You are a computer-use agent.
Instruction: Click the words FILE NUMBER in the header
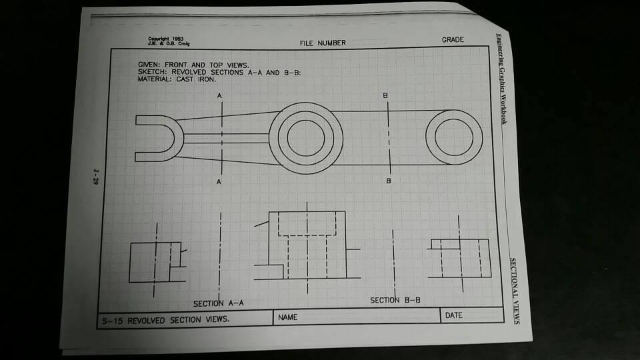323,43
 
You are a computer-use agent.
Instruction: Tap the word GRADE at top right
453,40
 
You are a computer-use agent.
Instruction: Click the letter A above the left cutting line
218,96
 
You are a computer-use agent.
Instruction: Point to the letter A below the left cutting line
218,181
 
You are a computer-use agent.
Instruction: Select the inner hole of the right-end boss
453,138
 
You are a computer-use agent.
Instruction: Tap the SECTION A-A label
219,303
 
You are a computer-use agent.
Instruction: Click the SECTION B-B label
395,301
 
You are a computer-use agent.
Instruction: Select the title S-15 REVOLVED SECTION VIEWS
166,320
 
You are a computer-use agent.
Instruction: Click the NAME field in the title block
289,317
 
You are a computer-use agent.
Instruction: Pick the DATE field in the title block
453,315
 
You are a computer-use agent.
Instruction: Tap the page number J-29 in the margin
96,179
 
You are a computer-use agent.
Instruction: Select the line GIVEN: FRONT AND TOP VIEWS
193,65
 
